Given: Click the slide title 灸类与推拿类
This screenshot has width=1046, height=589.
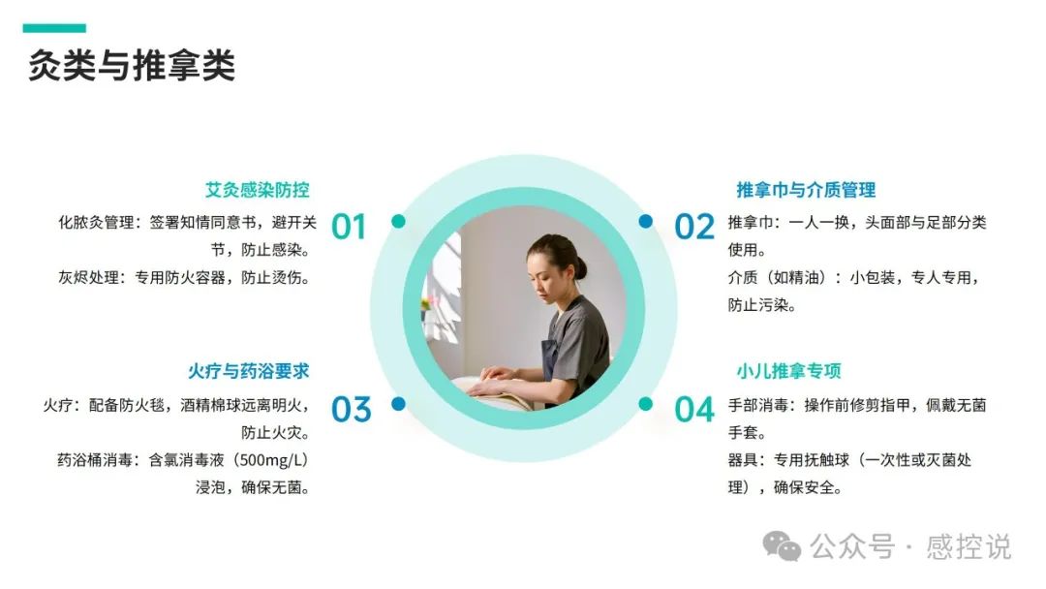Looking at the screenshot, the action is tap(132, 65).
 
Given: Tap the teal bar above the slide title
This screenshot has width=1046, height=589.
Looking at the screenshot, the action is tap(54, 28).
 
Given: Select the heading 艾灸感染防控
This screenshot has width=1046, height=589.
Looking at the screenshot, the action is tap(258, 190).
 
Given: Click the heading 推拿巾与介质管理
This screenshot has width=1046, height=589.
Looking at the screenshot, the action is tap(806, 190).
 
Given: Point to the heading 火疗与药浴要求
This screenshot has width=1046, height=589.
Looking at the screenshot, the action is tap(249, 371).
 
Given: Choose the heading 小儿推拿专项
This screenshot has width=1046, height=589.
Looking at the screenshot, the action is tap(788, 371).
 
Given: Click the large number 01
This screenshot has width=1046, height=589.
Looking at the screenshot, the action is tap(349, 227).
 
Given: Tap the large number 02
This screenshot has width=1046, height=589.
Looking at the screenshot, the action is tap(694, 227).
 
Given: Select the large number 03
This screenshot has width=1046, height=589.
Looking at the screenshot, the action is tap(351, 409).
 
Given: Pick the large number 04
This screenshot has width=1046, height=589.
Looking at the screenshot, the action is tap(694, 409).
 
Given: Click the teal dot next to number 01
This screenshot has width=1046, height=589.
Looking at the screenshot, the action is tap(398, 222).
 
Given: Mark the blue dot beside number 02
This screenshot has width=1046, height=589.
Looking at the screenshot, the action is tap(646, 222).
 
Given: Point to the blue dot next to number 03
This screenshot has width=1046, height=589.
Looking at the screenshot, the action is tap(398, 404).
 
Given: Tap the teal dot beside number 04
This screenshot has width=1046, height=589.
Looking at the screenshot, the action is tap(646, 404).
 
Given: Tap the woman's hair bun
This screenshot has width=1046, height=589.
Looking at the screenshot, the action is tap(580, 266).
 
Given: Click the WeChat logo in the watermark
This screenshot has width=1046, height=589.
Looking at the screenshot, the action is tap(782, 546).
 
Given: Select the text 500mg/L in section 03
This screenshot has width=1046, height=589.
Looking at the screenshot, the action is tap(273, 460).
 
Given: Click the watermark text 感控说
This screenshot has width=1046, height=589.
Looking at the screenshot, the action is tap(968, 547).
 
